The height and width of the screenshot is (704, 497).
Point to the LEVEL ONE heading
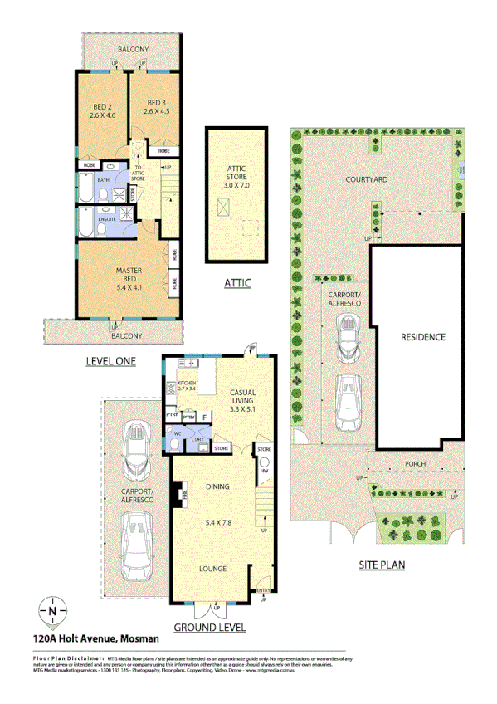coord(113,362)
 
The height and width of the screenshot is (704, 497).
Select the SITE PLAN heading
coord(382,566)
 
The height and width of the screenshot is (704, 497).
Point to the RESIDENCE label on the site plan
coord(423,337)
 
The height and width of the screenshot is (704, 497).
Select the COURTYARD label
coord(368,179)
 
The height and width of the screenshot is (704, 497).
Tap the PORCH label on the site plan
coord(415,465)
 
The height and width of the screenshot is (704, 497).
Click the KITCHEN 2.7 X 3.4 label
coord(188,384)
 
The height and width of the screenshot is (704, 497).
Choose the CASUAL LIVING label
coord(243,399)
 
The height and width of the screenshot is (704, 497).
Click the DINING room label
coord(217,487)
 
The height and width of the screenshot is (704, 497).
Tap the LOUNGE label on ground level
coord(213,569)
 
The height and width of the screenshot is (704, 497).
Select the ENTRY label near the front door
coord(264,591)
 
